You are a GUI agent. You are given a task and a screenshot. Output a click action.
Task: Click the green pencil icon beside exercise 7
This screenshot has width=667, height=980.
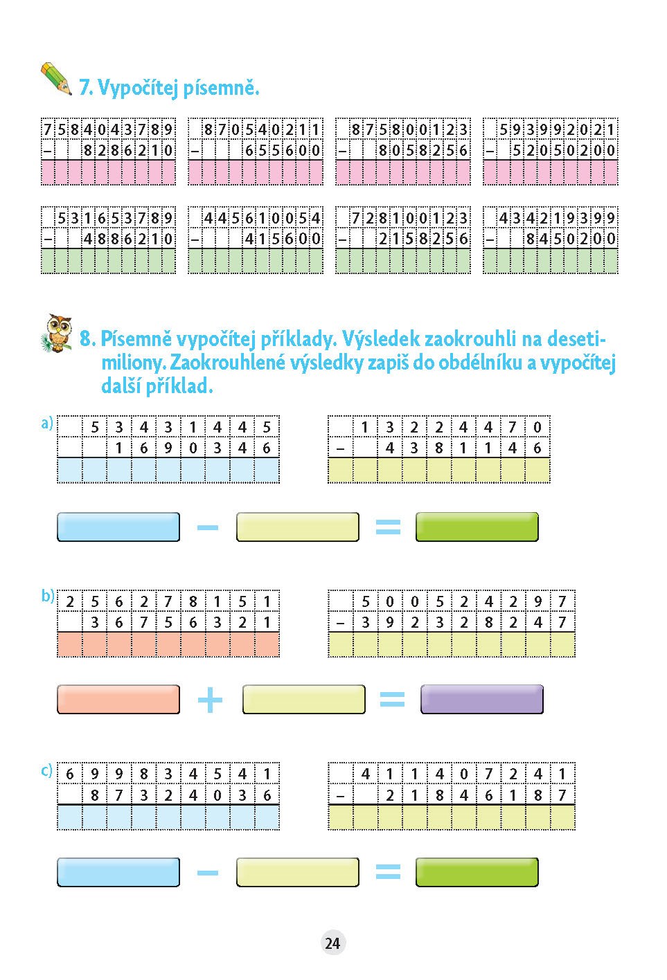56,78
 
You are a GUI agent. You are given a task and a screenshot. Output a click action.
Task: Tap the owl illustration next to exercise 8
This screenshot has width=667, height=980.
57,333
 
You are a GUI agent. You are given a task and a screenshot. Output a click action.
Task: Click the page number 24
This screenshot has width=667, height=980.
333,943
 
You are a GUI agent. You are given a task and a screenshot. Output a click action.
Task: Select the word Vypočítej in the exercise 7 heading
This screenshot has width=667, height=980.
138,88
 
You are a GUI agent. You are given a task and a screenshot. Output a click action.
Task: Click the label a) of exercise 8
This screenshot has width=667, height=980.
47,423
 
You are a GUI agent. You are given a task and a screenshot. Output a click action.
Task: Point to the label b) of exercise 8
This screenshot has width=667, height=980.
47,596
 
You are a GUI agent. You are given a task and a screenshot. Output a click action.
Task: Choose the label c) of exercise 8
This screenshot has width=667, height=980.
46,770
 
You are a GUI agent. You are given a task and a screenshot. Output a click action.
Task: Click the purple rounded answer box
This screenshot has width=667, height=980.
482,699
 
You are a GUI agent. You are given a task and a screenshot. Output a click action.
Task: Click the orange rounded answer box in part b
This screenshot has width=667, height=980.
118,699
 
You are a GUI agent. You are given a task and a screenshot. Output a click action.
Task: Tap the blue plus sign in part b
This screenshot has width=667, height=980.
211,700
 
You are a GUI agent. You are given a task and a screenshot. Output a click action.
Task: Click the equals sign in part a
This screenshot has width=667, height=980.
388,527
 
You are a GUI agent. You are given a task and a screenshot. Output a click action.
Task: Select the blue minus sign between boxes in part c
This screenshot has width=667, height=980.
208,873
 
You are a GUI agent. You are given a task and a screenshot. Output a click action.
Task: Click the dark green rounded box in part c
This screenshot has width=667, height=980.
477,872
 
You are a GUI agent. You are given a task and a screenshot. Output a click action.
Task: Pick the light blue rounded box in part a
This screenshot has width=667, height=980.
118,527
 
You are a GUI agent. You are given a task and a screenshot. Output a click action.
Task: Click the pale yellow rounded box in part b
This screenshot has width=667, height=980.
304,699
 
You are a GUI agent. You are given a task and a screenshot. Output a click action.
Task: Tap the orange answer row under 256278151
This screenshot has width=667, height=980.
168,644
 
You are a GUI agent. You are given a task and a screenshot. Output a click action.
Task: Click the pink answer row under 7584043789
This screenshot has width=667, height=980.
109,172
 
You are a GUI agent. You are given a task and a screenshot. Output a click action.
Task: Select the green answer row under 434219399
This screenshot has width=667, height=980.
551,261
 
